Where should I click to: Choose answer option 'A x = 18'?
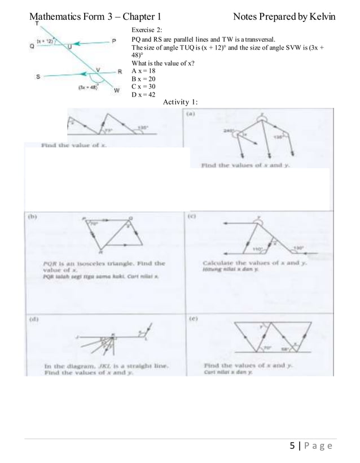143,71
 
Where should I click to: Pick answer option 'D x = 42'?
143,95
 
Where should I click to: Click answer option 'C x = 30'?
143,87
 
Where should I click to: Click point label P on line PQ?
114,41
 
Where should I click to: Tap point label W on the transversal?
116,90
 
